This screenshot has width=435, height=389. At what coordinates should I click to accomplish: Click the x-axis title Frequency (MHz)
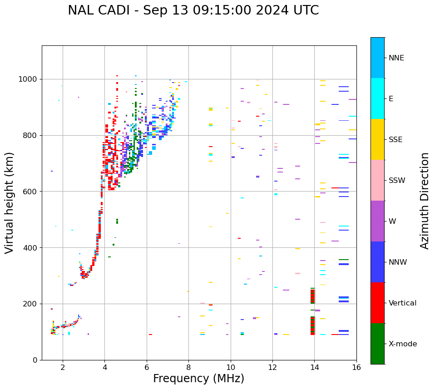pyautogui.click(x=198, y=379)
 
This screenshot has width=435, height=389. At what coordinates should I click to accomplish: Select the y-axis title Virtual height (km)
pyautogui.click(x=10, y=202)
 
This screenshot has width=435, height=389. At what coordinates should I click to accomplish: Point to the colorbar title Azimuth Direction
pyautogui.click(x=425, y=201)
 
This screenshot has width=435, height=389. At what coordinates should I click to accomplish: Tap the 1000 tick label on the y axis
pyautogui.click(x=27, y=79)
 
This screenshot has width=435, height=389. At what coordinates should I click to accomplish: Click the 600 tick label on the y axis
pyautogui.click(x=30, y=192)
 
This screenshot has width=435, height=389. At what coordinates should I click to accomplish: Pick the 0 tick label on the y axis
pyautogui.click(x=35, y=360)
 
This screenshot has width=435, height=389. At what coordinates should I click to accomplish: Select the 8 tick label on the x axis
pyautogui.click(x=188, y=367)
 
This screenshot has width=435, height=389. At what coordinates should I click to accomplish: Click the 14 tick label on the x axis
pyautogui.click(x=314, y=367)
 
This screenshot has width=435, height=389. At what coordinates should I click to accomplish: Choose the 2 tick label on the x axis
pyautogui.click(x=63, y=367)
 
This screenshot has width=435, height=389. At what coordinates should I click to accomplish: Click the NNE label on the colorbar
pyautogui.click(x=396, y=58)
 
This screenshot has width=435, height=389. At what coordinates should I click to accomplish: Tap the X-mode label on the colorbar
pyautogui.click(x=402, y=344)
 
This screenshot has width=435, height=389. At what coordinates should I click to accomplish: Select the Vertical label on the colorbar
pyautogui.click(x=402, y=303)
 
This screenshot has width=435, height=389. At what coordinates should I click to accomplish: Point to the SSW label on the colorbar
pyautogui.click(x=397, y=181)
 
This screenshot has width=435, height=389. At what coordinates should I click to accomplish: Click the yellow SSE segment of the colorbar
pyautogui.click(x=377, y=139)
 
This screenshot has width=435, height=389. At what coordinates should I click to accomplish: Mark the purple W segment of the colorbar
pyautogui.click(x=377, y=221)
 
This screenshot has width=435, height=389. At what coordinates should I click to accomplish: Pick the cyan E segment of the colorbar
pyautogui.click(x=377, y=98)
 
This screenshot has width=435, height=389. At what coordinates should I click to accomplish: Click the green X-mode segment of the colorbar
pyautogui.click(x=377, y=344)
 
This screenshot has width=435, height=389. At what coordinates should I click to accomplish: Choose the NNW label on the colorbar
pyautogui.click(x=398, y=262)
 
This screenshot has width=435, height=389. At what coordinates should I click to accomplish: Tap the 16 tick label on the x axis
pyautogui.click(x=356, y=367)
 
